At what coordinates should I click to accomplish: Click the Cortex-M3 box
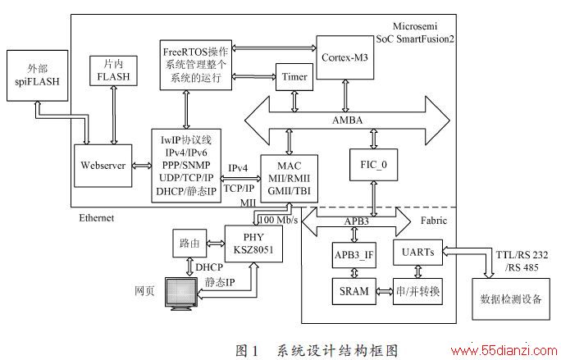click(345, 57)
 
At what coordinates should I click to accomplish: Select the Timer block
click(294, 77)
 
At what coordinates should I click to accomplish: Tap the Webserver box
click(103, 166)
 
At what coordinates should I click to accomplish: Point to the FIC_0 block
click(373, 165)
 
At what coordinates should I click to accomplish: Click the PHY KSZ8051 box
click(253, 244)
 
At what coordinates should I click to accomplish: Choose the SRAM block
click(354, 291)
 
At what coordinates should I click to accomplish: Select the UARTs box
click(418, 253)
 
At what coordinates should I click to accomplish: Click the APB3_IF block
click(354, 255)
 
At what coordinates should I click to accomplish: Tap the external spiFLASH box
click(37, 75)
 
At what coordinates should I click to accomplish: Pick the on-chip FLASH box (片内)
click(113, 71)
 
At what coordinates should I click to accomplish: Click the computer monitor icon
click(182, 294)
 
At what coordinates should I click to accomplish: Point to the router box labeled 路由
click(189, 244)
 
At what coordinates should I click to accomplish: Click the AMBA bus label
click(347, 121)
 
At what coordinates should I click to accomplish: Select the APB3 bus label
click(356, 221)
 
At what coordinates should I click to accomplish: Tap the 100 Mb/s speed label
click(278, 220)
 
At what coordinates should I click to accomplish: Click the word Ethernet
click(97, 218)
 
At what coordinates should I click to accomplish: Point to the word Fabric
click(434, 221)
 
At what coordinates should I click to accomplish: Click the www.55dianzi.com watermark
click(504, 351)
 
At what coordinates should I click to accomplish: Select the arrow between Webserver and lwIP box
click(142, 166)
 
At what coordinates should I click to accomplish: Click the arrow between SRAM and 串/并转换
click(385, 292)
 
